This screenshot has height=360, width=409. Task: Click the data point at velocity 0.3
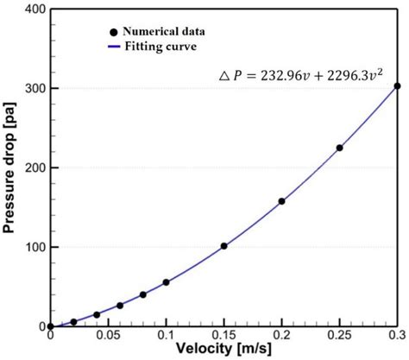pyautogui.click(x=397, y=85)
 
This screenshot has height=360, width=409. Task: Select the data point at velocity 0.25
pyautogui.click(x=339, y=148)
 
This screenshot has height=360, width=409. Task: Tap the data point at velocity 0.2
pyautogui.click(x=281, y=201)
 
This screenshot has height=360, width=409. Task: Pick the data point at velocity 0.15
pyautogui.click(x=223, y=246)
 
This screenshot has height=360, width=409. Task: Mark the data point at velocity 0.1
pyautogui.click(x=166, y=282)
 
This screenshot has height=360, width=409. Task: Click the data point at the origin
pyautogui.click(x=50, y=326)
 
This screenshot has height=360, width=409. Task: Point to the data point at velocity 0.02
pyautogui.click(x=73, y=321)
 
